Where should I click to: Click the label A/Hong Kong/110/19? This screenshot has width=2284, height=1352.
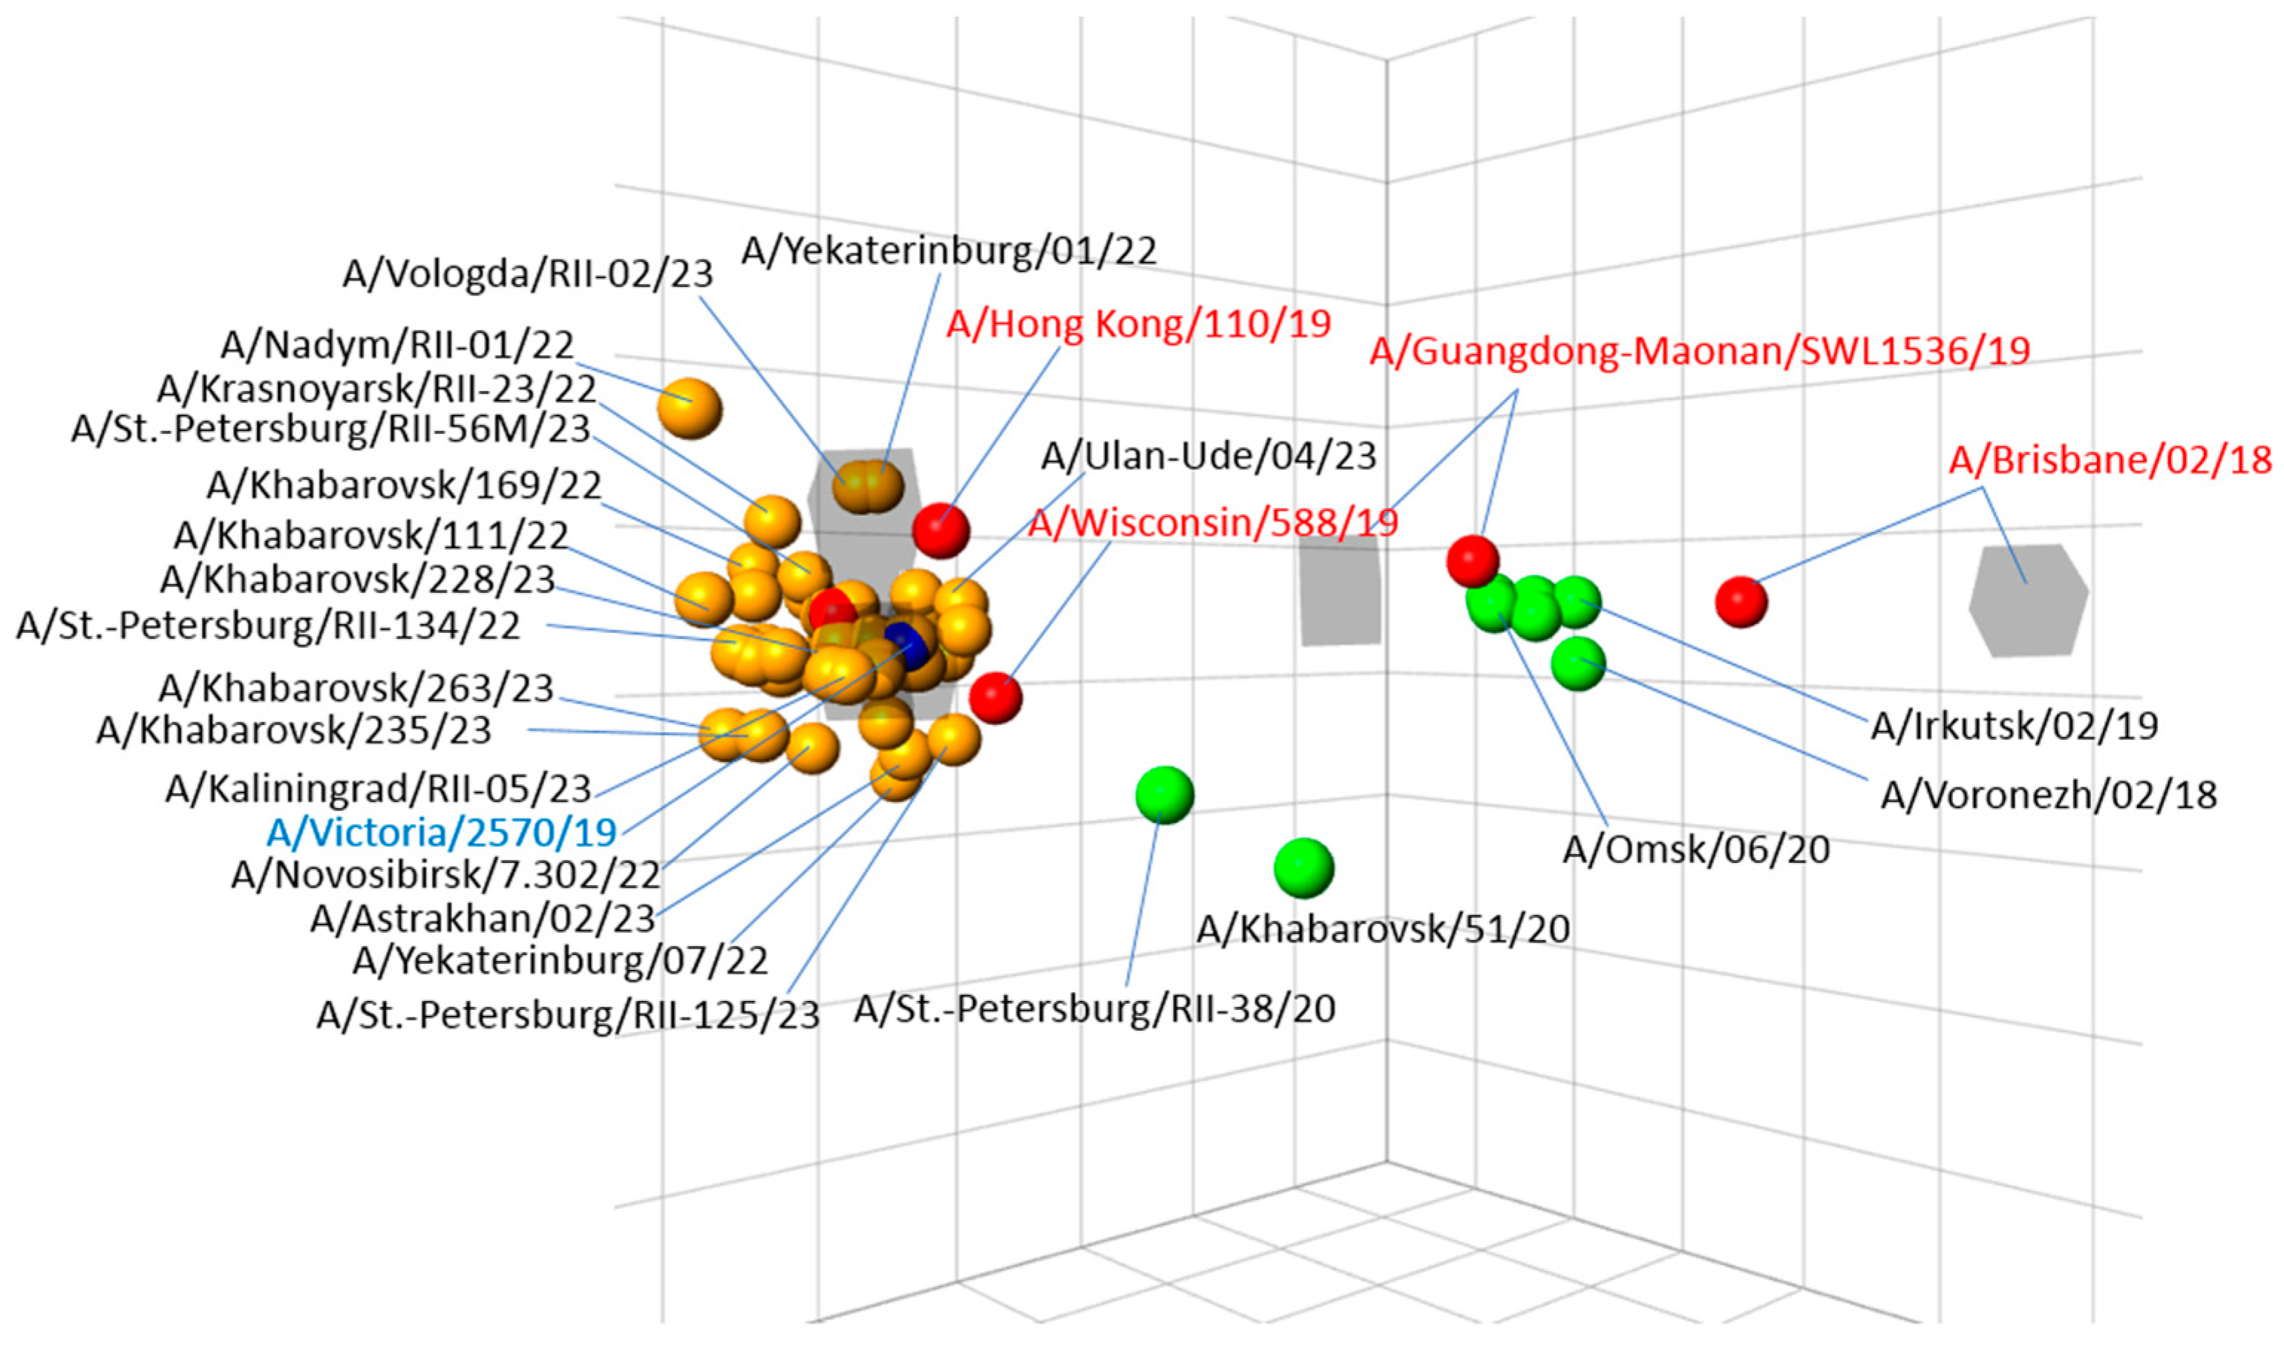pyautogui.click(x=1138, y=324)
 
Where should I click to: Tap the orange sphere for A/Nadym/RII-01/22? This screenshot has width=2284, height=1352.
pyautogui.click(x=690, y=408)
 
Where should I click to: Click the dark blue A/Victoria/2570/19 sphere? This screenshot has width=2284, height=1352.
pyautogui.click(x=907, y=645)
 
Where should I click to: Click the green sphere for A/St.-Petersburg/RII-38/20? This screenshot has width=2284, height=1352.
pyautogui.click(x=1165, y=795)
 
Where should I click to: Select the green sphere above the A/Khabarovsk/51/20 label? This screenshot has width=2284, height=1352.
pyautogui.click(x=1303, y=867)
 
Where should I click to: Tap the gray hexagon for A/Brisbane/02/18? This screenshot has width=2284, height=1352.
pyautogui.click(x=2027, y=600)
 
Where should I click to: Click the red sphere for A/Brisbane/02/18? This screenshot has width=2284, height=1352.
pyautogui.click(x=1741, y=601)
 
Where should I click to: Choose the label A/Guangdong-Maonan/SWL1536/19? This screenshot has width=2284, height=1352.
pyautogui.click(x=1700, y=352)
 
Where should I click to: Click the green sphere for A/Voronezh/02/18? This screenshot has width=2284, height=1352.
pyautogui.click(x=1578, y=663)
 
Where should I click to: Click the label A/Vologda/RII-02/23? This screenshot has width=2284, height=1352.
pyautogui.click(x=528, y=273)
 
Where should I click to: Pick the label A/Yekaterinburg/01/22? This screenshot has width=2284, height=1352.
pyautogui.click(x=949, y=251)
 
